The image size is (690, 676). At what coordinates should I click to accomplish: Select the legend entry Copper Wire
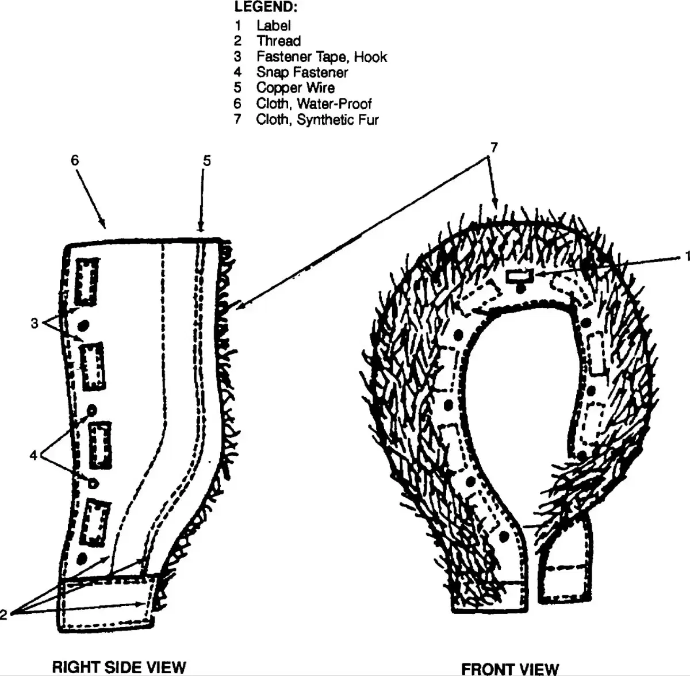pyautogui.click(x=296, y=88)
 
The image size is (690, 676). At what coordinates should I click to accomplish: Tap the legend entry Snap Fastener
pyautogui.click(x=302, y=72)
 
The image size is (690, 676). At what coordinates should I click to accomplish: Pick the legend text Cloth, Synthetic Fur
pyautogui.click(x=317, y=119)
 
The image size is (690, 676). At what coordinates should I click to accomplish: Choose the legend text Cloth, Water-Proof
pyautogui.click(x=314, y=103)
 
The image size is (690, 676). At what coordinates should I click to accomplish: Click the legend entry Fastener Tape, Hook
pyautogui.click(x=321, y=56)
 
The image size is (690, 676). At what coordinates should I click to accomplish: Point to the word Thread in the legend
pyautogui.click(x=278, y=41)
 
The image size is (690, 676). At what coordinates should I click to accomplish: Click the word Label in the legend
pyautogui.click(x=274, y=25)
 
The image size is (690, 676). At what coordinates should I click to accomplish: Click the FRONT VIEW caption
pyautogui.click(x=510, y=668)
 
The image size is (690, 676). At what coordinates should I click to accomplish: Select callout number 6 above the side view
pyautogui.click(x=75, y=160)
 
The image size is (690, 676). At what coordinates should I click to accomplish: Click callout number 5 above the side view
pyautogui.click(x=207, y=161)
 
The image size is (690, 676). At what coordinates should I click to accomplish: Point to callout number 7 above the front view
pyautogui.click(x=494, y=147)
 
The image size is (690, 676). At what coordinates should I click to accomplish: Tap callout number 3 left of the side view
pyautogui.click(x=34, y=323)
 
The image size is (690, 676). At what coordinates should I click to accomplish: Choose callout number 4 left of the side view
pyautogui.click(x=33, y=455)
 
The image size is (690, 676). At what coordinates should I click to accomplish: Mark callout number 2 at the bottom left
pyautogui.click(x=3, y=614)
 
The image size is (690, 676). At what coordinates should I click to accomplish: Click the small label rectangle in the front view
pyautogui.click(x=520, y=276)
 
